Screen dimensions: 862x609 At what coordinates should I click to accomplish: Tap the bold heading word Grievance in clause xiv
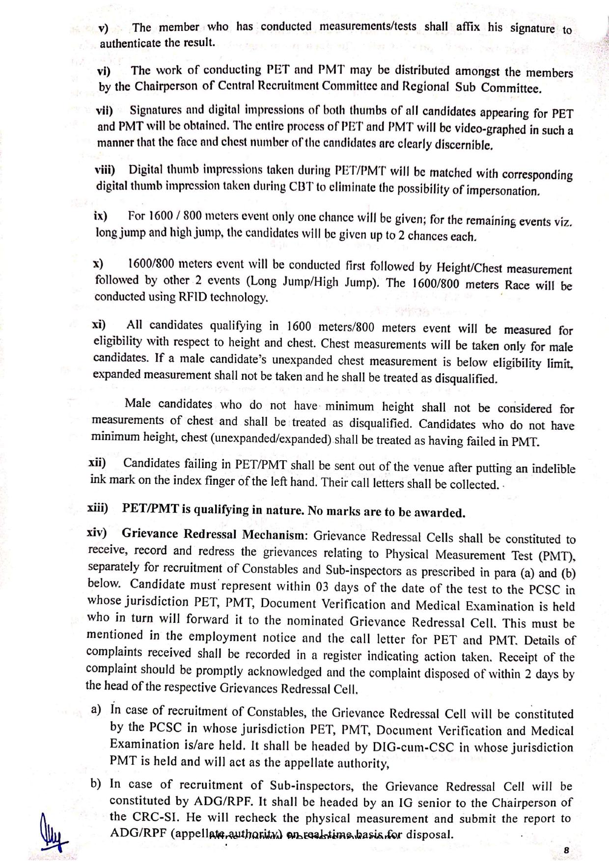tap(150, 534)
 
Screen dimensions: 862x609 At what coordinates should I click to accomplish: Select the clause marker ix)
tap(101, 216)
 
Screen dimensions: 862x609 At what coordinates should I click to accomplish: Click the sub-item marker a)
tap(96, 709)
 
